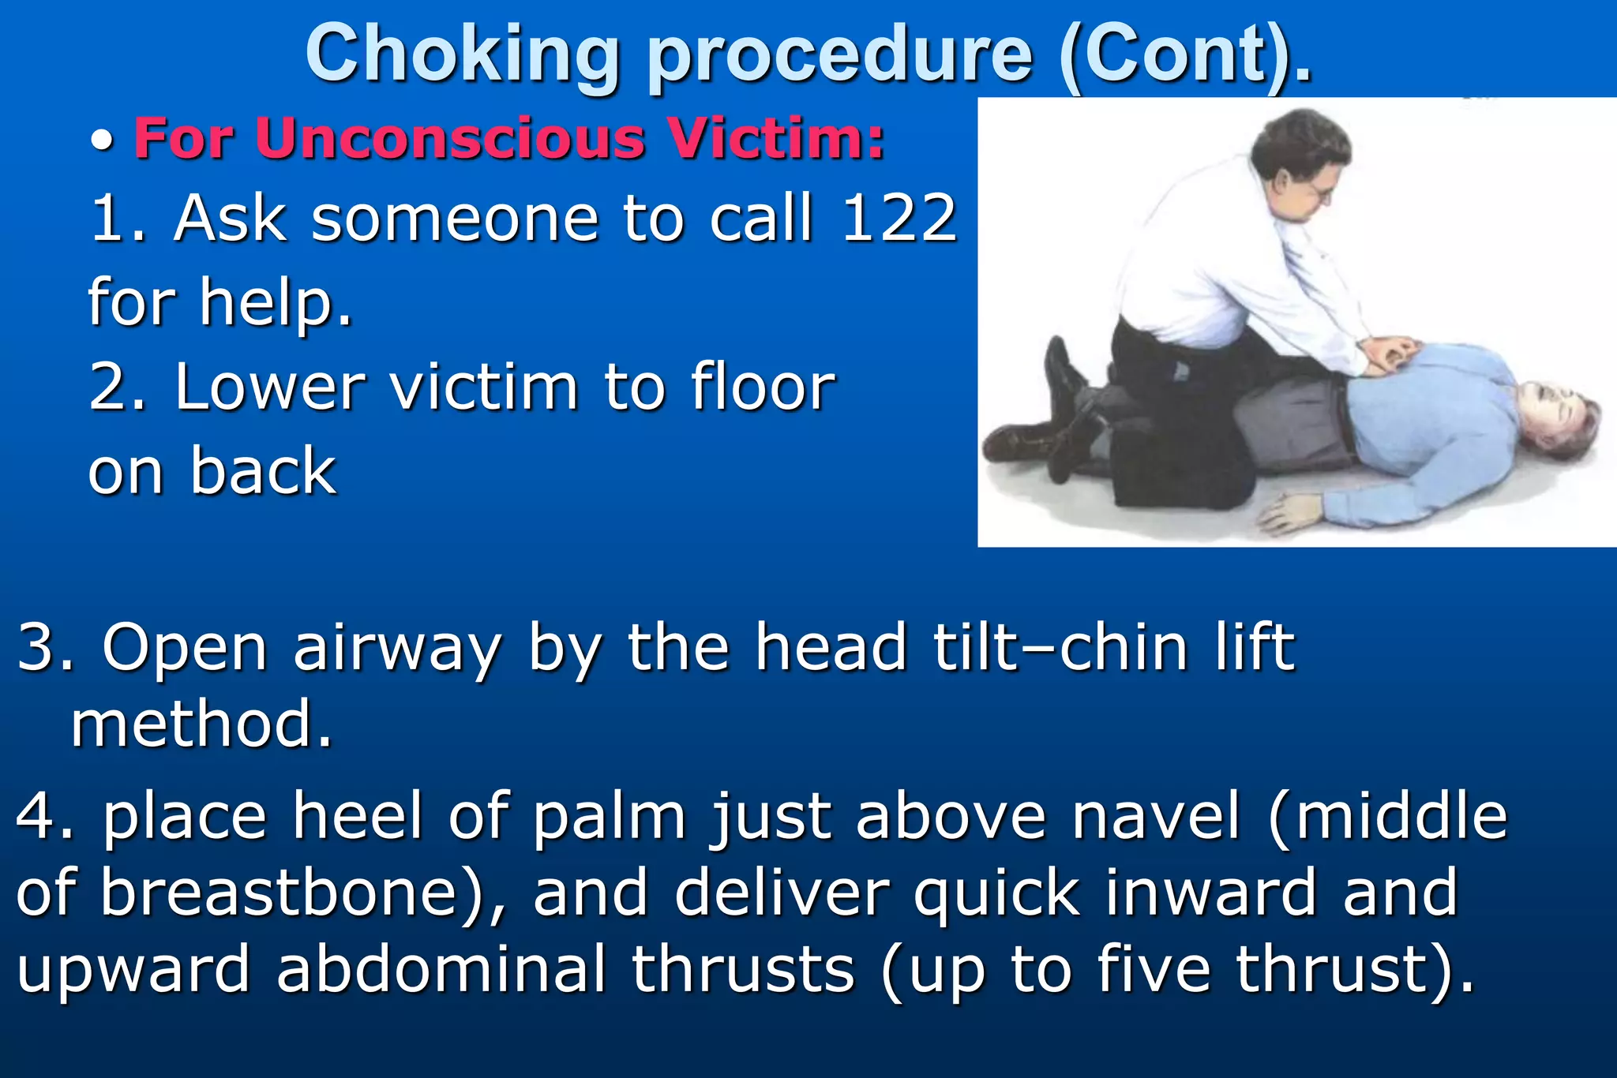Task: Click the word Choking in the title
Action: (x=462, y=55)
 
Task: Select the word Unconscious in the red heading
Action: (x=450, y=138)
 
